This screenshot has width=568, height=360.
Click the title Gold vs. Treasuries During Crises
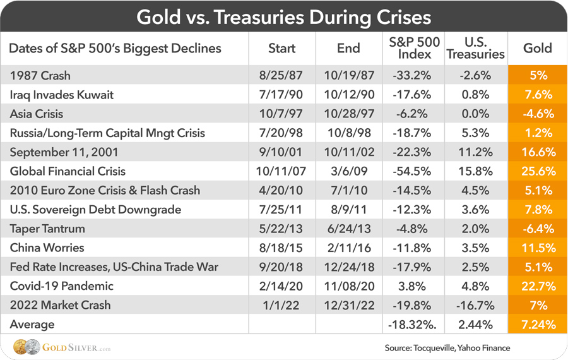click(x=284, y=16)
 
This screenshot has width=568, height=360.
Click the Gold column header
click(x=538, y=48)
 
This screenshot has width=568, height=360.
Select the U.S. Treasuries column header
click(x=475, y=48)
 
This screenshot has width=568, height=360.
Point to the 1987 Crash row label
click(x=40, y=76)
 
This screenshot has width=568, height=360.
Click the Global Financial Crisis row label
click(x=68, y=171)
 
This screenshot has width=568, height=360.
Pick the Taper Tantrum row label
click(x=47, y=229)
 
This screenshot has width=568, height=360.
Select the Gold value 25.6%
click(x=538, y=171)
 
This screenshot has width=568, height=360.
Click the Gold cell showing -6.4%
click(x=538, y=229)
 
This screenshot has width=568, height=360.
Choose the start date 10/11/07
click(x=282, y=171)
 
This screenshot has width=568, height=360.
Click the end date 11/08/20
click(x=348, y=286)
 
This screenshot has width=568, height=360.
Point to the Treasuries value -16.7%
click(x=475, y=305)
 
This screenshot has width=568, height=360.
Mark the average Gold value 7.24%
click(x=538, y=325)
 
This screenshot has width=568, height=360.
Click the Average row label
click(x=32, y=325)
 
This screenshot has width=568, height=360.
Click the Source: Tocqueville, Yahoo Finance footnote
click(x=447, y=347)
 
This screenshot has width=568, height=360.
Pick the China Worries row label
click(x=47, y=248)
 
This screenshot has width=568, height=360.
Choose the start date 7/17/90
click(x=282, y=95)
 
